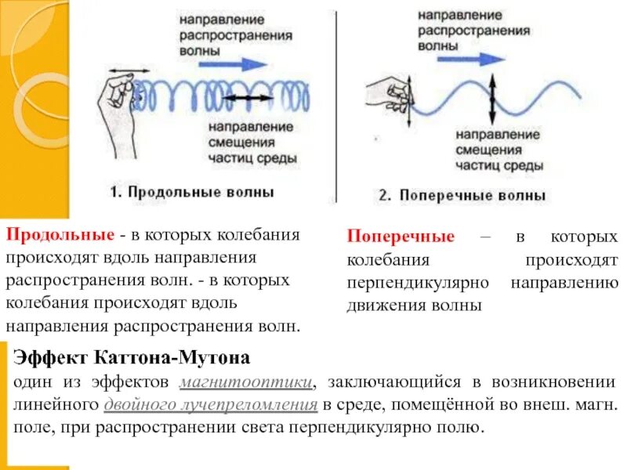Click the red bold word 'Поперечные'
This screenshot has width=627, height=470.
click(400, 237)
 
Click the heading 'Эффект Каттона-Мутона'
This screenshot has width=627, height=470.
click(132, 359)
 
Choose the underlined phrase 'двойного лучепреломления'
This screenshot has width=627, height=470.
click(210, 406)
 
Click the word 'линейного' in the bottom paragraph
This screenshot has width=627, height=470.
click(56, 406)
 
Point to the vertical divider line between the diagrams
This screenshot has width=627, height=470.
click(338, 102)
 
